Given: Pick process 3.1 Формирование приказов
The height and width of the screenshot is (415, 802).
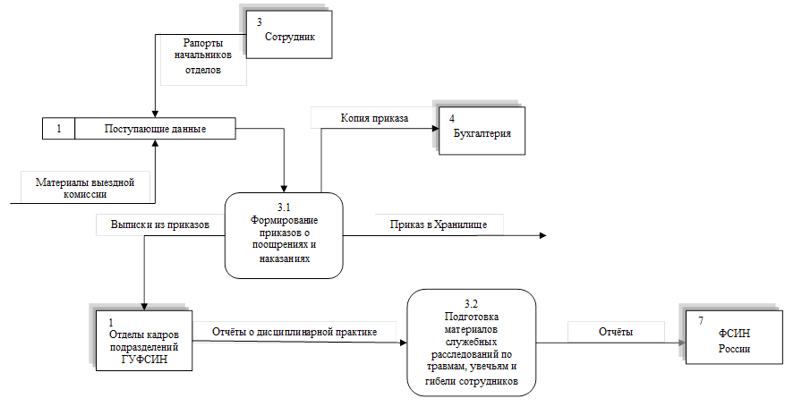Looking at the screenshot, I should pos(284,234).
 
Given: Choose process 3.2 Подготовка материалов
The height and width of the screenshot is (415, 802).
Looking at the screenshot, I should pos(472,342).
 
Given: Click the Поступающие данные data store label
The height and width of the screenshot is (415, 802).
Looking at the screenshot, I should pos(155,129).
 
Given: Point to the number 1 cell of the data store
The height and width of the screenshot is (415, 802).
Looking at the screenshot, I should pos(58,129).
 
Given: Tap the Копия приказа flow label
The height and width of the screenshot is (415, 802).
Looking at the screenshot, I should pos(374,117).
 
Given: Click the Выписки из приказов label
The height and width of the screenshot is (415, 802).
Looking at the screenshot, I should pos(160,225).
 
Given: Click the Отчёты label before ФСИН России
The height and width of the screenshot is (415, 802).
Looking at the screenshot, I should pos(616,332).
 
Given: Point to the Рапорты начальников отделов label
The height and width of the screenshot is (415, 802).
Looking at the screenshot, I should pos(203,56).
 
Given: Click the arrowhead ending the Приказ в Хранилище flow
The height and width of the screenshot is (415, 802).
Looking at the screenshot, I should pos(542,236).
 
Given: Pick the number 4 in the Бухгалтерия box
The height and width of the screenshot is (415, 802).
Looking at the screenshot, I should pos(453,119).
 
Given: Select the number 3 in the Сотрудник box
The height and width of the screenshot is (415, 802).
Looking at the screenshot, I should pos(259,21).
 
